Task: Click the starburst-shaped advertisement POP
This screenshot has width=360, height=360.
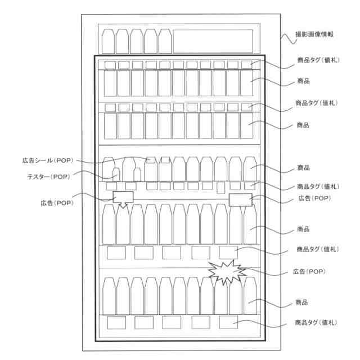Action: (227, 272)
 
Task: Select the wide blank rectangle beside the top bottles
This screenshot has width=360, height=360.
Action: (215, 40)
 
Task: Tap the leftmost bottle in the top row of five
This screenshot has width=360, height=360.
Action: (108, 40)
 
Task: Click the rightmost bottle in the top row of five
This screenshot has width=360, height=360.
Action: (164, 40)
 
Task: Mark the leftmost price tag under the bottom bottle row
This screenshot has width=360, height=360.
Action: (116, 322)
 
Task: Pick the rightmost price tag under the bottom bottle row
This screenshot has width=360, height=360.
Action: (228, 322)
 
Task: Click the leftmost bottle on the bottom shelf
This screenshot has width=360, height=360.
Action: (109, 295)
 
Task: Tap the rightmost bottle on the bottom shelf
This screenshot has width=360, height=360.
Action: (250, 295)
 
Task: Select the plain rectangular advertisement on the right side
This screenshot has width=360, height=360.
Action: (240, 199)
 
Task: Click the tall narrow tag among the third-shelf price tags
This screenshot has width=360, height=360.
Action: (220, 187)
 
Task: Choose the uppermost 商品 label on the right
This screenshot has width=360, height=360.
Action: (303, 82)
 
